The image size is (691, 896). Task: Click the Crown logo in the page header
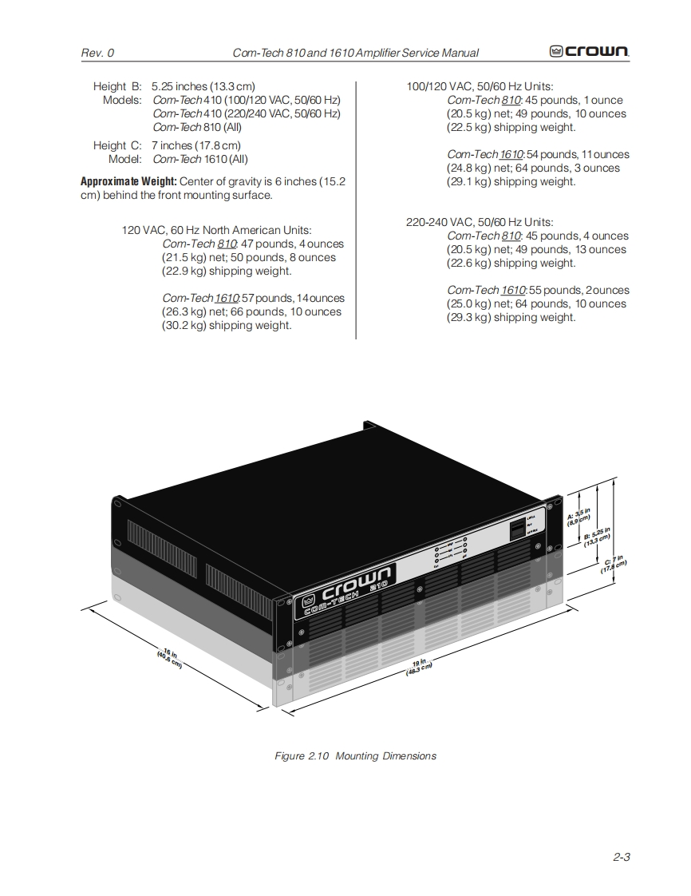(589, 52)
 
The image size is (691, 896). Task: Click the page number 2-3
(622, 857)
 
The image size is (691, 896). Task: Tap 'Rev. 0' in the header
(97, 53)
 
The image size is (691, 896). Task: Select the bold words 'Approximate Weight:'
(128, 181)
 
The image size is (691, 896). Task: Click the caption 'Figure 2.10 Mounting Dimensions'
(355, 755)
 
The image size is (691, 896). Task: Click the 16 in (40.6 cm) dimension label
(170, 658)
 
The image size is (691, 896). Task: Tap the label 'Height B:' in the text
(116, 86)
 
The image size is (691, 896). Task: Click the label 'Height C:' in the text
(116, 145)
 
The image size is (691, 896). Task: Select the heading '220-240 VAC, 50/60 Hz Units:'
(479, 222)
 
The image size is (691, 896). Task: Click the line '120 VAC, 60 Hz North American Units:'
(216, 230)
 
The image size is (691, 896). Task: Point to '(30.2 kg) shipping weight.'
(227, 325)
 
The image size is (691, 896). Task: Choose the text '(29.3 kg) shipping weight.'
(511, 317)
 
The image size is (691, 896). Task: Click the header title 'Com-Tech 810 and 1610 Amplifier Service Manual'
(355, 53)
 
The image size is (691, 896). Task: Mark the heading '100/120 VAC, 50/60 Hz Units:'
(480, 86)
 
